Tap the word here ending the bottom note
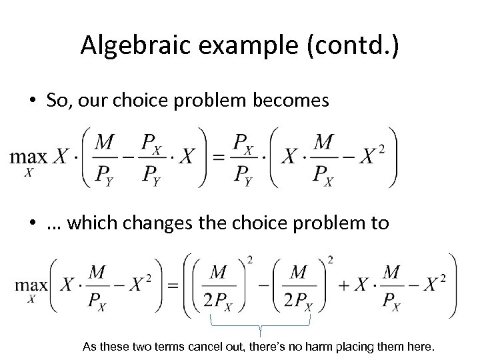[421, 347]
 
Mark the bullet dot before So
[31, 101]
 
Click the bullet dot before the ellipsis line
[31, 223]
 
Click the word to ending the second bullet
[379, 223]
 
